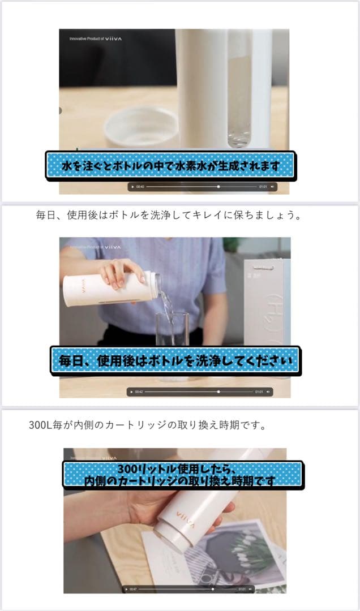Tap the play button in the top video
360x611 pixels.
pos(132,186)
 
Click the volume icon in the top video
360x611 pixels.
pos(272,186)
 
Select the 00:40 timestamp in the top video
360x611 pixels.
pos(140,186)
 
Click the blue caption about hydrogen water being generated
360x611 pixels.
pos(170,166)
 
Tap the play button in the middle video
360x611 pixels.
pos(131,391)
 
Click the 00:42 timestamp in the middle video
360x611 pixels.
pos(139,391)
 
